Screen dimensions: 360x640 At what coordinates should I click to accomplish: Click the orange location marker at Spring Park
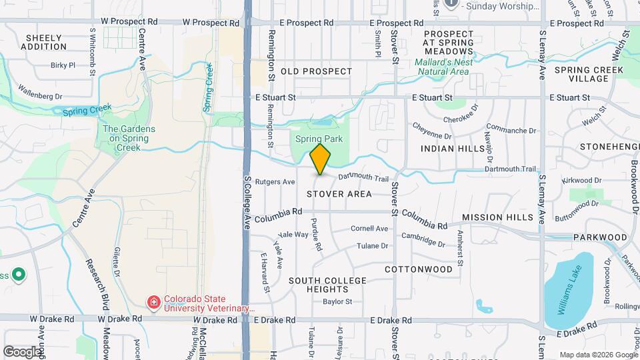[321, 159]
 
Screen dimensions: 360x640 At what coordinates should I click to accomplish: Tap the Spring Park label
[319, 139]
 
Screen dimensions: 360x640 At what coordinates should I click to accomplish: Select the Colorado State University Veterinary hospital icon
[154, 303]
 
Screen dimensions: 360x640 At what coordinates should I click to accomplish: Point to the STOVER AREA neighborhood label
[339, 194]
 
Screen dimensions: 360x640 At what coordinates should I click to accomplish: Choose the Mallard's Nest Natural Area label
[443, 67]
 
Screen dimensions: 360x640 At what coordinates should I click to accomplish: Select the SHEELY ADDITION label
[44, 43]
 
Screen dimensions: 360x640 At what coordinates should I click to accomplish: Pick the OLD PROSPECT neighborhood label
[316, 71]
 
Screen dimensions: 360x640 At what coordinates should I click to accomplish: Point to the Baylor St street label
[337, 302]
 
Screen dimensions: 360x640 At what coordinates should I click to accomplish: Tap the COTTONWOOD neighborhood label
[418, 269]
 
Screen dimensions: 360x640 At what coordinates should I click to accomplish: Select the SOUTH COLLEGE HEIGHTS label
[327, 285]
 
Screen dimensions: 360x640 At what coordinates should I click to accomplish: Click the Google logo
[22, 351]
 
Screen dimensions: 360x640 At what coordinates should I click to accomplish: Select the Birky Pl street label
[63, 65]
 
